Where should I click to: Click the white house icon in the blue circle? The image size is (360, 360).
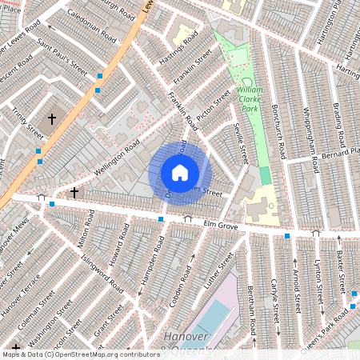coord(180,173)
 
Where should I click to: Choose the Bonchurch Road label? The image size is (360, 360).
coord(286,128)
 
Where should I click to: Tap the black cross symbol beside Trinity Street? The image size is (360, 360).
coord(52,118)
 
